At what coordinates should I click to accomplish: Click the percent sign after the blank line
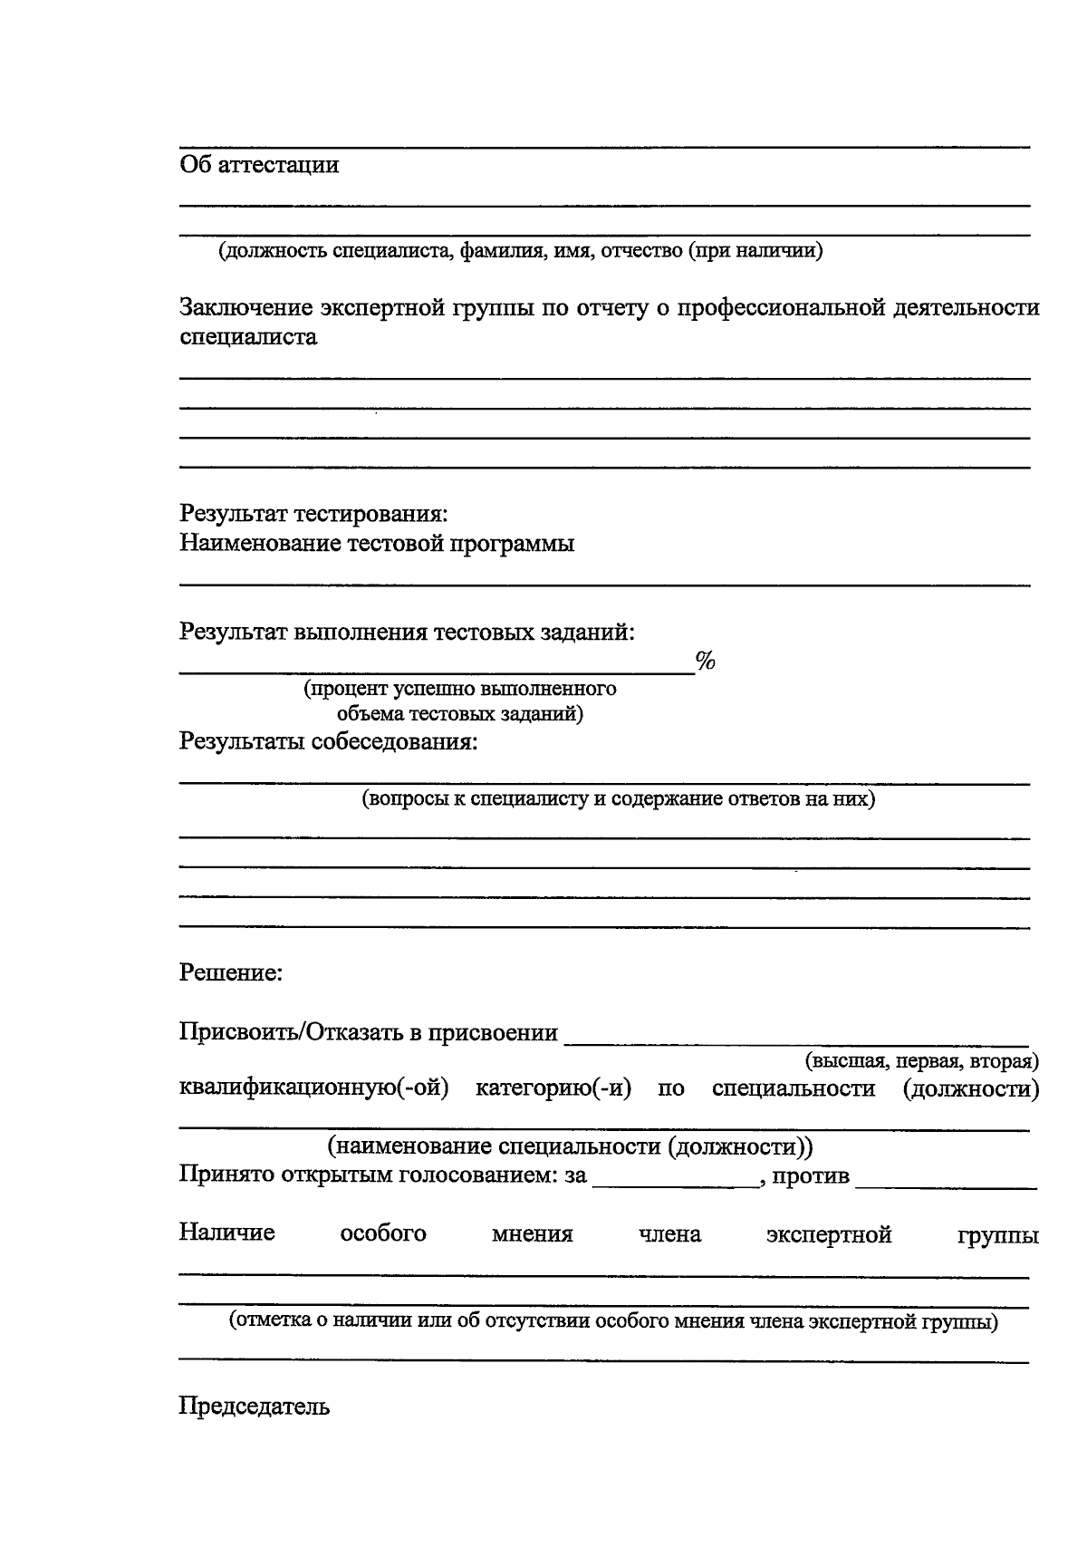705,662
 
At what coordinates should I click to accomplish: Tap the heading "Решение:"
231,973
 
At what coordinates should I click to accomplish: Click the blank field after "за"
675,1178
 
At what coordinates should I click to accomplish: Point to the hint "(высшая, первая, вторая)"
921,1060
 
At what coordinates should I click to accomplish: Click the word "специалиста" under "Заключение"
248,338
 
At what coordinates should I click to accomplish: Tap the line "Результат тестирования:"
313,514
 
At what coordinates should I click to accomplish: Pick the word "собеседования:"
394,741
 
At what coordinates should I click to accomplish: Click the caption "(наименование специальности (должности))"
571,1147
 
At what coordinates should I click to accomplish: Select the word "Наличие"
226,1233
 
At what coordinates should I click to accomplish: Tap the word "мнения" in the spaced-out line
532,1234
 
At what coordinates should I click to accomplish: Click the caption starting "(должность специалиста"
519,251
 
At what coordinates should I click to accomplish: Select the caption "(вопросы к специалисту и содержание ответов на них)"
618,799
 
